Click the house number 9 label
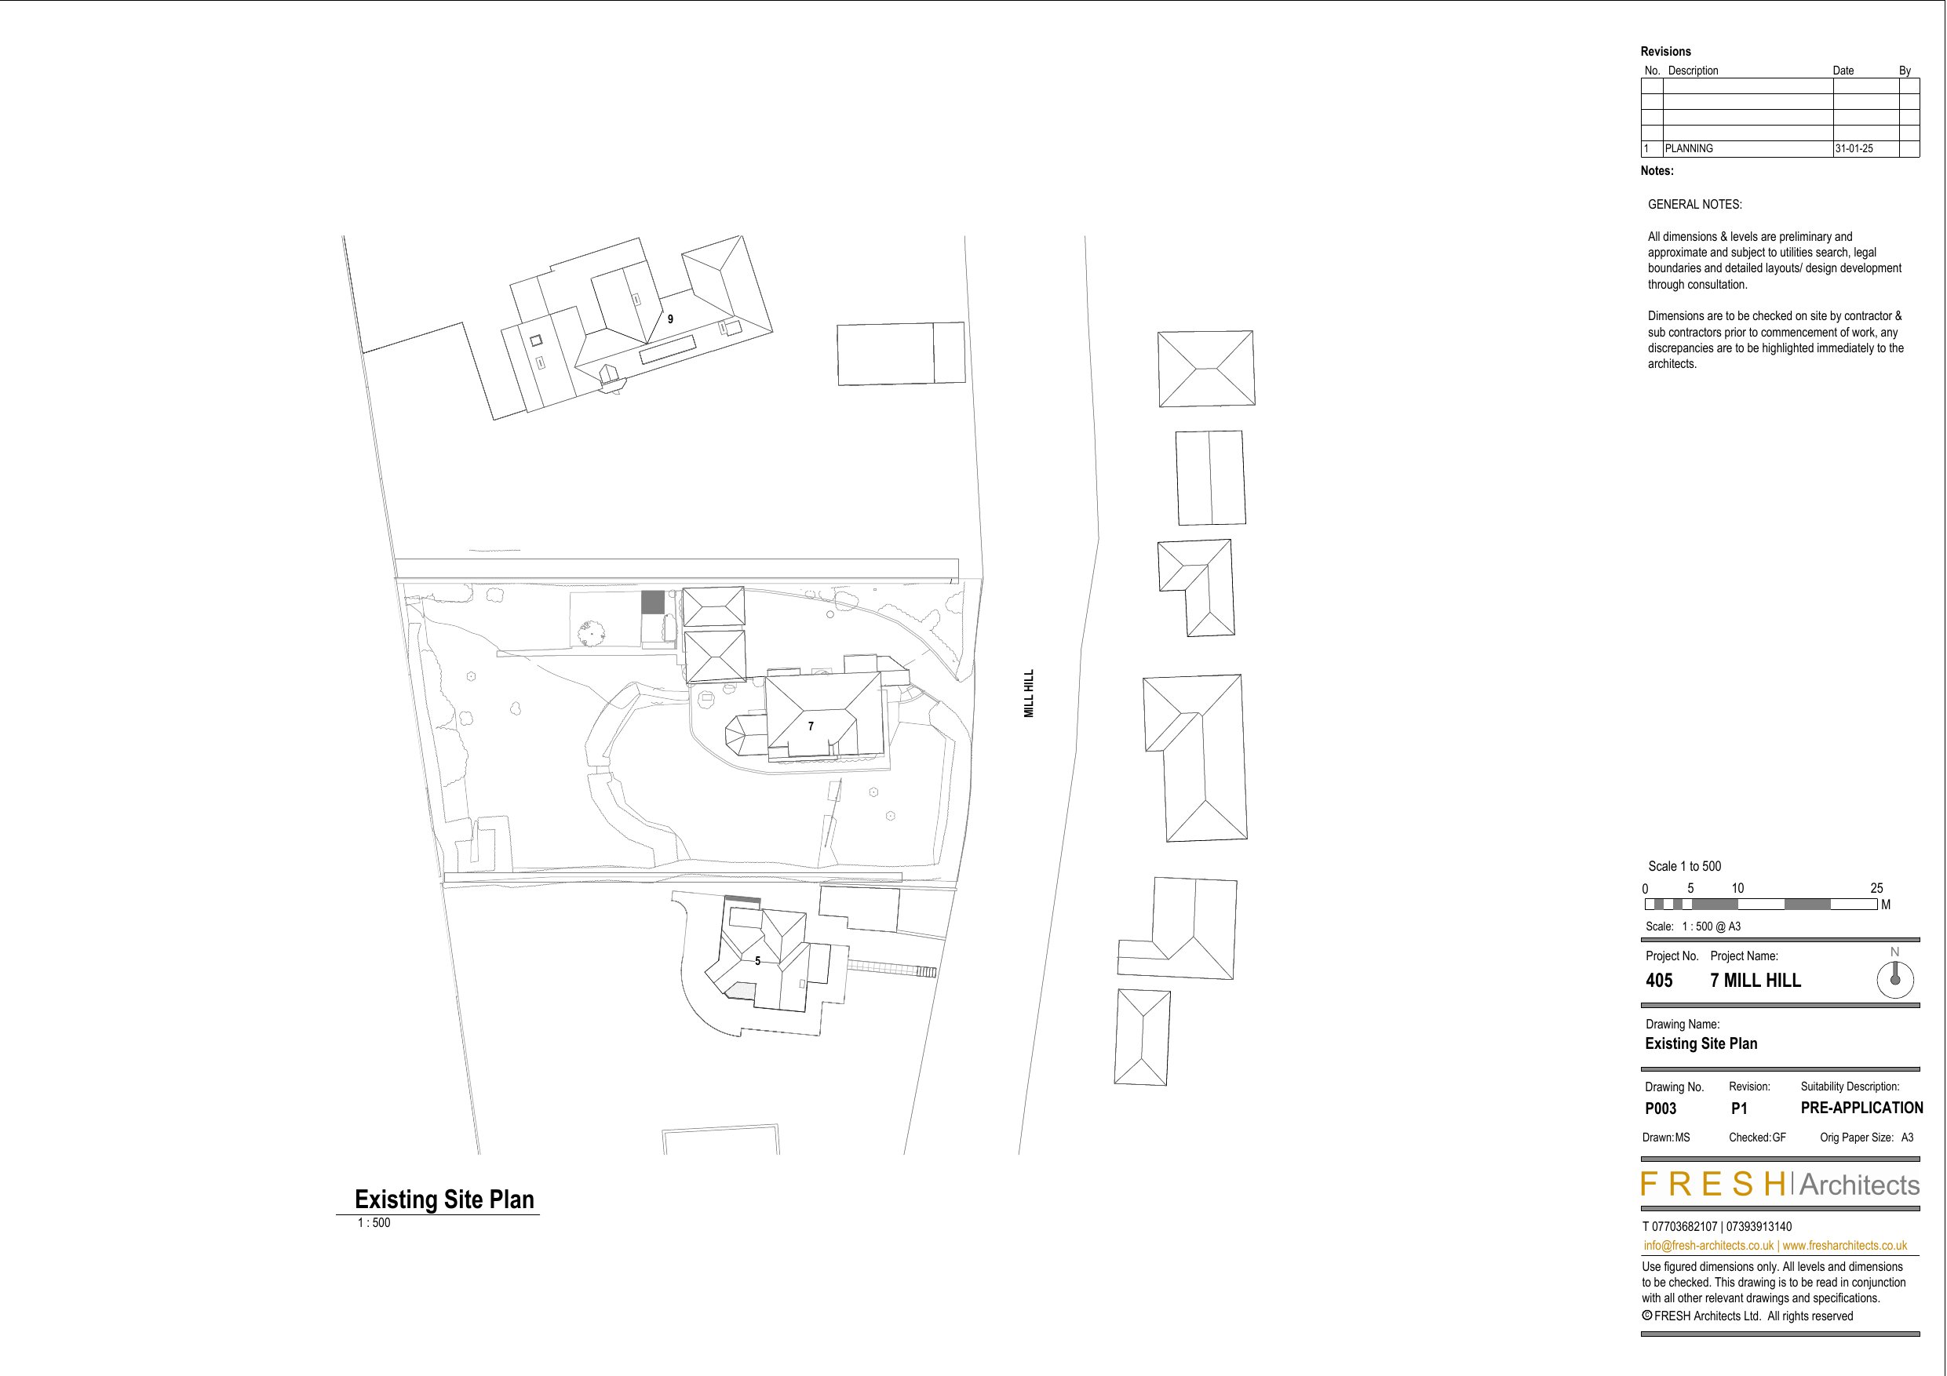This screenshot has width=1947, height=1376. [670, 319]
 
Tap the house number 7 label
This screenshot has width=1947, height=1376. [811, 726]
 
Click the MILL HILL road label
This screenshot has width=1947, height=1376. [1029, 693]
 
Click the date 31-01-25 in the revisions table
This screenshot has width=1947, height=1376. [1854, 148]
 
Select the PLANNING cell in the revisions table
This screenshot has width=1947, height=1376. [1690, 148]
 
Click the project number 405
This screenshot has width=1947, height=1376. [1659, 981]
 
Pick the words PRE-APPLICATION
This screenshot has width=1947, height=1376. [1861, 1108]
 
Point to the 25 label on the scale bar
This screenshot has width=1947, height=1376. [1876, 889]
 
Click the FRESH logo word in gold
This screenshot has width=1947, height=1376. [1713, 1185]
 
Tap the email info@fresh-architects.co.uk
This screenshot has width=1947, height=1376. [1708, 1246]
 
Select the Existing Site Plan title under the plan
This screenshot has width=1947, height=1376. [444, 1199]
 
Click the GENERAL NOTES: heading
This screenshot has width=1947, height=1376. [1694, 204]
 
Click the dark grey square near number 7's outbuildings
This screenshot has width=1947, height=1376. [652, 602]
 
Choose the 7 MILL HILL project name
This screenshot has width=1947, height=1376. [1756, 981]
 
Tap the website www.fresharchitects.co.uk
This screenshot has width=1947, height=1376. [1844, 1246]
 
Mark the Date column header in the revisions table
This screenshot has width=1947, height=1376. [1843, 71]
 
